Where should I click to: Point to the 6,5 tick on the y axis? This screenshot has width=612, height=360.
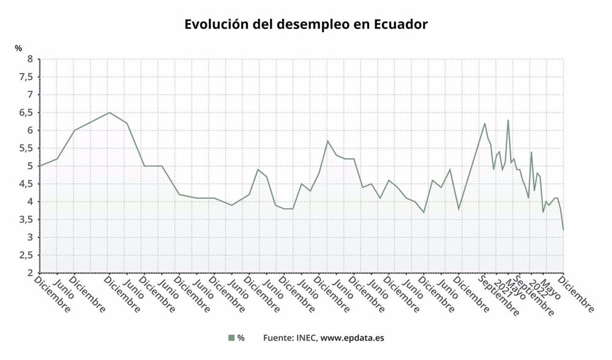[26, 113]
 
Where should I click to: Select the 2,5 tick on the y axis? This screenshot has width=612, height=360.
[26, 255]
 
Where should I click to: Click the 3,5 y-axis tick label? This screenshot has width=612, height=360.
[26, 220]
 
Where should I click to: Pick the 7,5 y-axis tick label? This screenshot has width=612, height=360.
[26, 77]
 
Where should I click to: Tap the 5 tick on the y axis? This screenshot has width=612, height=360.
[29, 166]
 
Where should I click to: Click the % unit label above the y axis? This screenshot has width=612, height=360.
[18, 47]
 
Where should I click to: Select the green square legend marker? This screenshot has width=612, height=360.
[231, 337]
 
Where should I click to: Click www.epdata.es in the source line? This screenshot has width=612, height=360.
[353, 337]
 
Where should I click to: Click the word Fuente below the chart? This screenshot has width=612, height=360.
[277, 337]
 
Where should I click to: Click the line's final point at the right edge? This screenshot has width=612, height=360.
[563, 230]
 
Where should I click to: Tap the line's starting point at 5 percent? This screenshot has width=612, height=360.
[40, 166]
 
